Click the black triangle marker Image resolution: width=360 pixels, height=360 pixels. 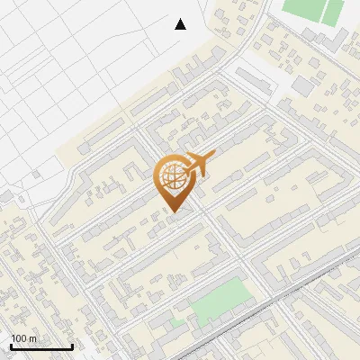180,24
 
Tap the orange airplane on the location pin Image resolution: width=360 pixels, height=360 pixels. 197,163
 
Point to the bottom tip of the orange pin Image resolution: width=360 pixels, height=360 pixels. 173,212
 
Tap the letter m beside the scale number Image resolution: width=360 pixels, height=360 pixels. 32,338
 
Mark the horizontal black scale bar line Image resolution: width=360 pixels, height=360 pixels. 41,346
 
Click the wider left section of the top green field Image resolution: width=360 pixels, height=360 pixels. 302,10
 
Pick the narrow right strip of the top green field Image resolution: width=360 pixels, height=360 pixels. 334,11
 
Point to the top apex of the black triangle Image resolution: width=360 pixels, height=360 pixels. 180,19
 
